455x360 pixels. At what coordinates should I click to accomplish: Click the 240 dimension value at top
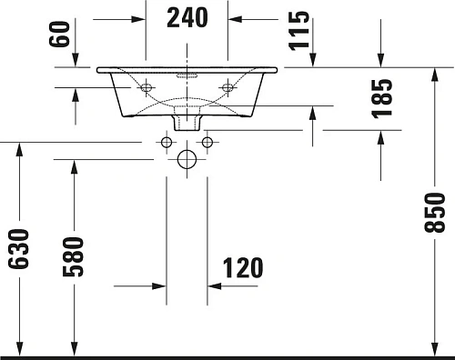pyautogui.click(x=187, y=17)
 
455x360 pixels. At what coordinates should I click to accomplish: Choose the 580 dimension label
pyautogui.click(x=74, y=256)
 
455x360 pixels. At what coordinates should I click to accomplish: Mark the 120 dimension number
pyautogui.click(x=243, y=268)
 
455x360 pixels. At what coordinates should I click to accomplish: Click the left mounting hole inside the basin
pyautogui.click(x=145, y=87)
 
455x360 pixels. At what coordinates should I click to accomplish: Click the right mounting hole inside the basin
pyautogui.click(x=227, y=87)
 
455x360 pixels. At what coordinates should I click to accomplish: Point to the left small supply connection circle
pyautogui.click(x=166, y=142)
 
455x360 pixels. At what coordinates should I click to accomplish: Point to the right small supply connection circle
pyautogui.click(x=207, y=142)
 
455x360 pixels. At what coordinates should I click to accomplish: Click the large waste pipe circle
pyautogui.click(x=187, y=161)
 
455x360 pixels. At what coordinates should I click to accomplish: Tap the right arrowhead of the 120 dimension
pyautogui.click(x=214, y=285)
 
